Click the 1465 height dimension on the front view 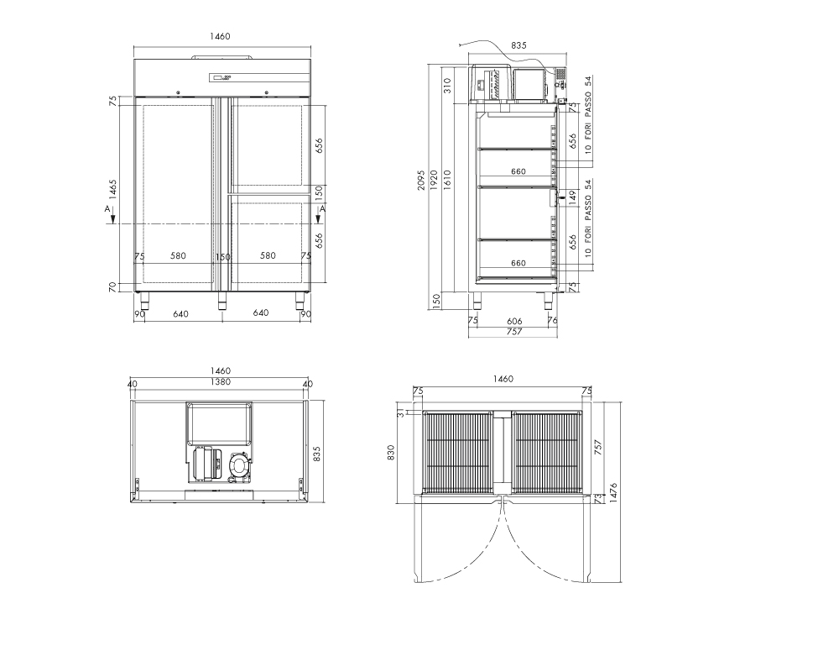pyautogui.click(x=113, y=189)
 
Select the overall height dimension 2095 pyautogui.click(x=421, y=180)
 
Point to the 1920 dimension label pyautogui.click(x=434, y=180)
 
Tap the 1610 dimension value pyautogui.click(x=447, y=180)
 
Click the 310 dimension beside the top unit pyautogui.click(x=447, y=85)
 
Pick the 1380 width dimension pyautogui.click(x=220, y=382)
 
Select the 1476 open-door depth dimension pyautogui.click(x=613, y=492)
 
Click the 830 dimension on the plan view pyautogui.click(x=391, y=452)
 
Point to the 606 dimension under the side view pyautogui.click(x=514, y=321)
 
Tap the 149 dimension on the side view pyautogui.click(x=572, y=197)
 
